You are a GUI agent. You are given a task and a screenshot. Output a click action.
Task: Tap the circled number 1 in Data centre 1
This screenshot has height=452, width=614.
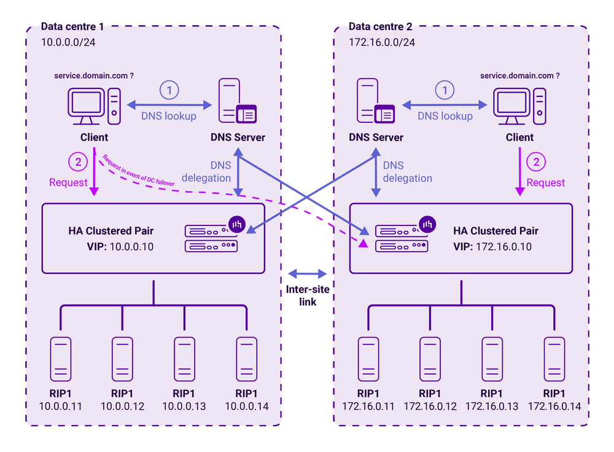(x=169, y=90)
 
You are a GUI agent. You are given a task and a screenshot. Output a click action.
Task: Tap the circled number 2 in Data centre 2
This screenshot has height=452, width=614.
(x=536, y=162)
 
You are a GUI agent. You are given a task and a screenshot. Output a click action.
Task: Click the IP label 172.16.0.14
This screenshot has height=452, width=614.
(x=554, y=406)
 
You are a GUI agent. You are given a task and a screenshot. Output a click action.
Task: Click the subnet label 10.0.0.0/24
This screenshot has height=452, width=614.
(x=68, y=42)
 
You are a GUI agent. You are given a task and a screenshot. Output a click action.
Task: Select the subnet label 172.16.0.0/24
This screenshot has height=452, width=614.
(x=382, y=42)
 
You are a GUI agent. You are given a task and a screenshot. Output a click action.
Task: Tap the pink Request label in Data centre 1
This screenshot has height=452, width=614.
(x=68, y=182)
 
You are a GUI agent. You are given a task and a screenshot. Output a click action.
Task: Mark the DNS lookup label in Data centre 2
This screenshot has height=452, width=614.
(x=445, y=116)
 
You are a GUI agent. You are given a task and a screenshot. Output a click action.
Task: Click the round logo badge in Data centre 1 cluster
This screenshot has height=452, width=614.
(x=236, y=224)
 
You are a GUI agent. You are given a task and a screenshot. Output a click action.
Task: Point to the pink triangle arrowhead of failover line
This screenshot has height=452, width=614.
(x=363, y=244)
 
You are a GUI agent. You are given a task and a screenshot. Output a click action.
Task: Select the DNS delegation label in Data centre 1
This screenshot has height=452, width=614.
(x=206, y=171)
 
